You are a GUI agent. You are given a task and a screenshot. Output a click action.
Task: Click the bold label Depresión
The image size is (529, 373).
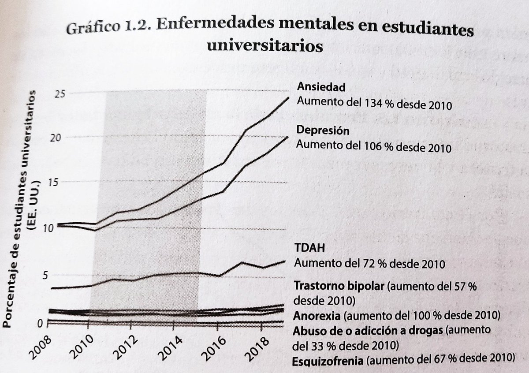(323, 131)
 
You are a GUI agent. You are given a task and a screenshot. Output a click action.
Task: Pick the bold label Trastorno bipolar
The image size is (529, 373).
(339, 285)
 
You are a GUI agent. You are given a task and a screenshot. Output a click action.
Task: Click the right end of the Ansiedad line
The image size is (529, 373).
(289, 97)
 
